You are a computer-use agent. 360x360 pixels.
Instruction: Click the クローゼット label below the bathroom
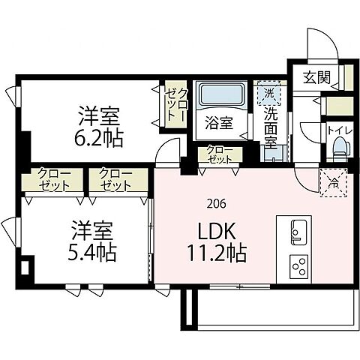[218, 154]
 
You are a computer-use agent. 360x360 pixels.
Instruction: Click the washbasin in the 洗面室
[274, 152]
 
